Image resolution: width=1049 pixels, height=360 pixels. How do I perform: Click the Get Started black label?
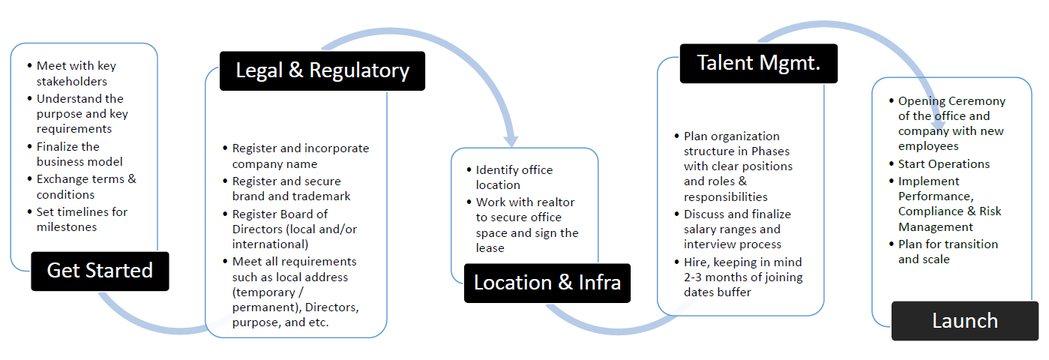(x=100, y=271)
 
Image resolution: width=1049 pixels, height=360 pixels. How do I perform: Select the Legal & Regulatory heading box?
(x=322, y=70)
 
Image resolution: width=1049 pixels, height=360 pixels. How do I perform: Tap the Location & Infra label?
(x=547, y=283)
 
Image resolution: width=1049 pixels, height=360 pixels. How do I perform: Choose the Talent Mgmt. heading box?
(x=759, y=64)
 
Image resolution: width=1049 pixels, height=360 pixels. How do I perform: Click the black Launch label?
(x=965, y=321)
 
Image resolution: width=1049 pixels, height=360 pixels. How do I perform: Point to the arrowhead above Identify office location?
(x=511, y=141)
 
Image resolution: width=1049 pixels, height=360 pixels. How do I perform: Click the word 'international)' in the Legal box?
(x=270, y=244)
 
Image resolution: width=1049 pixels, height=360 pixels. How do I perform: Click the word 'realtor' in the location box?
(x=556, y=202)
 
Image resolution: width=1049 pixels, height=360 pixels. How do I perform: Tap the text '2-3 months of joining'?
(x=743, y=277)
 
